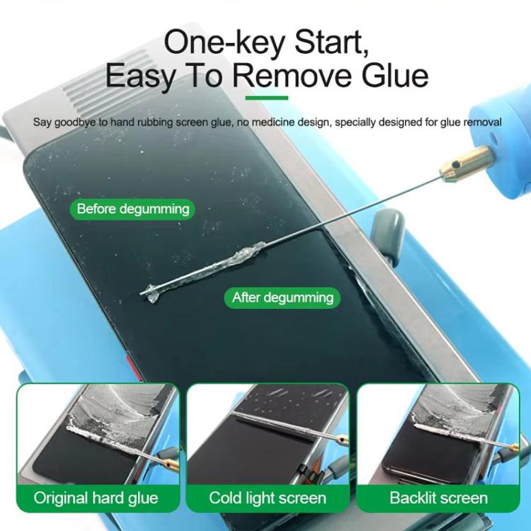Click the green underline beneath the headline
click(265, 99)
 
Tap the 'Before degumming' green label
click(133, 209)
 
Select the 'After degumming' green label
click(282, 297)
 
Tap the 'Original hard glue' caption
click(96, 497)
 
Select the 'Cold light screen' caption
click(268, 497)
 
